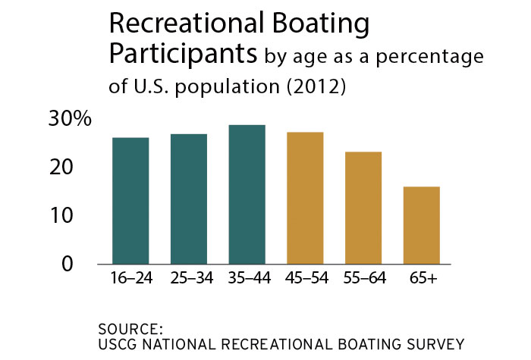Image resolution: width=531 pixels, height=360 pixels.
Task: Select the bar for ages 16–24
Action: (x=130, y=201)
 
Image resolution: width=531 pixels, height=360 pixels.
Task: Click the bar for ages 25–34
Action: (x=189, y=199)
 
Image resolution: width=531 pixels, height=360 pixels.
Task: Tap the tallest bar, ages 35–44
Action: (x=247, y=195)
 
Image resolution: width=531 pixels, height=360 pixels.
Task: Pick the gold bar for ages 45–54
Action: (x=306, y=199)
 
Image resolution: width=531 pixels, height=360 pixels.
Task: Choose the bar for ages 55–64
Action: (x=363, y=208)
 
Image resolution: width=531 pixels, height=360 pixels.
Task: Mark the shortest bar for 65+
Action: (x=422, y=226)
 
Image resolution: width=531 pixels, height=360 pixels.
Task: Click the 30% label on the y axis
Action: (x=71, y=119)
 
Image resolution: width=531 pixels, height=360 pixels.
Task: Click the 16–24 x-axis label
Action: (x=130, y=278)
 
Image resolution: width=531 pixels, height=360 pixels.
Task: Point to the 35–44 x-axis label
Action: (x=247, y=278)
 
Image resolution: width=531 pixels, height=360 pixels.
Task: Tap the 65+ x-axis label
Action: (x=422, y=278)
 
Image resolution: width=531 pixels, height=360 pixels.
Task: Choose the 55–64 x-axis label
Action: (x=363, y=278)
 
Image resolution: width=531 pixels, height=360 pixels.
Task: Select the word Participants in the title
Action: (x=184, y=55)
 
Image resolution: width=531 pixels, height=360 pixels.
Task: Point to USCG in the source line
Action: (x=116, y=343)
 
